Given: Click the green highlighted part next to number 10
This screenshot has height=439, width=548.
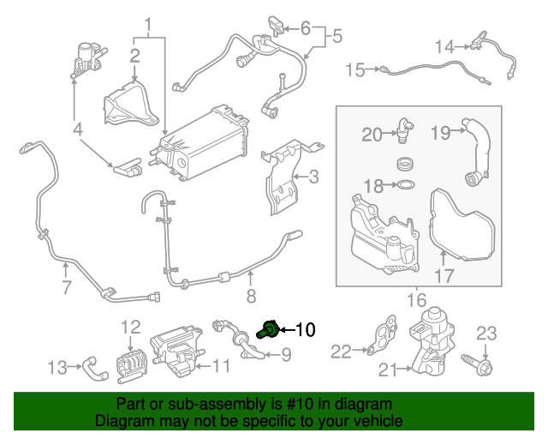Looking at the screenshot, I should [x=268, y=328].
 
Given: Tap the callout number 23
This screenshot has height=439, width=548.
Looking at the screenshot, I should [x=486, y=333].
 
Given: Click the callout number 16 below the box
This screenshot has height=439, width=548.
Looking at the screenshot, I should [x=416, y=299].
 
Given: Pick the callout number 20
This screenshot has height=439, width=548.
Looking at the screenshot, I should [x=371, y=134].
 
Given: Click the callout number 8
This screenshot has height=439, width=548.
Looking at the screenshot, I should [x=251, y=298].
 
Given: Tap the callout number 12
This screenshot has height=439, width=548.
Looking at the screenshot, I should [x=129, y=326].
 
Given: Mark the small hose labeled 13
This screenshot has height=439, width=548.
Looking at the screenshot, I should [x=92, y=370].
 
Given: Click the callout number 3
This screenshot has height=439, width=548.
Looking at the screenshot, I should [x=313, y=177].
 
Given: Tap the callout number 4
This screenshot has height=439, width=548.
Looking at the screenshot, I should [x=77, y=130].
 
